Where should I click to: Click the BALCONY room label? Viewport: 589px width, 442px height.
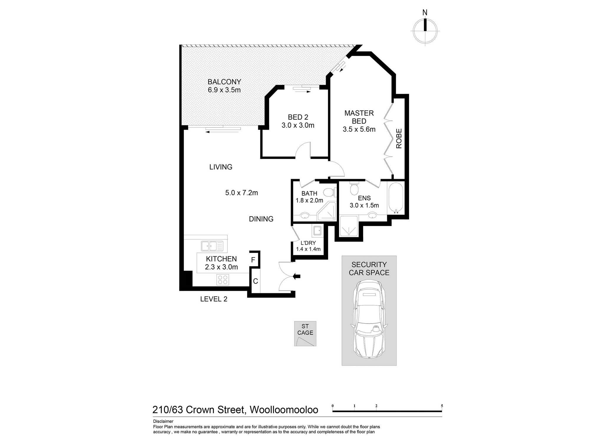(x=224, y=82)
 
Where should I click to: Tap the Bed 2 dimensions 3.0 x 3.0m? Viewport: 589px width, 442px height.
(x=298, y=125)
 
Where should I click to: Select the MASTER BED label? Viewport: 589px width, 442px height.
(x=359, y=117)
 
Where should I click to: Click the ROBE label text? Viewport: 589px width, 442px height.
(x=399, y=138)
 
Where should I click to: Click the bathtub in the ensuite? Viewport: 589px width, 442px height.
(x=396, y=198)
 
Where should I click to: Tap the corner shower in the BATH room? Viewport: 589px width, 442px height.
(x=327, y=211)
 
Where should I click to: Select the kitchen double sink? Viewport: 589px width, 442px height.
(x=212, y=246)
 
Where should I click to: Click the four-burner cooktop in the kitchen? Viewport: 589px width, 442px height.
(x=223, y=280)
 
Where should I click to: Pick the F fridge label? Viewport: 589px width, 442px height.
(x=253, y=260)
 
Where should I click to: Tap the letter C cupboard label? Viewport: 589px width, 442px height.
(x=255, y=281)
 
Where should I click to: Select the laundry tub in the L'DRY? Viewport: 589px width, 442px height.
(x=317, y=230)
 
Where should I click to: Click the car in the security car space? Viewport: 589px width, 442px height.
(x=369, y=319)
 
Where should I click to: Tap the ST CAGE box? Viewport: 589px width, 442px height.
(x=305, y=334)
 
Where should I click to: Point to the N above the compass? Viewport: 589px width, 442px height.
(x=425, y=13)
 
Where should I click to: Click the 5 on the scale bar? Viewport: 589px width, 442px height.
(x=442, y=406)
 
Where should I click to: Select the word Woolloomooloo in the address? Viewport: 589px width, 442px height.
(x=284, y=410)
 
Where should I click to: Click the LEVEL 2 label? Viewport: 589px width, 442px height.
(x=214, y=299)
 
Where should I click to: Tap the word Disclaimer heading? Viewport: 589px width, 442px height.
(x=163, y=421)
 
